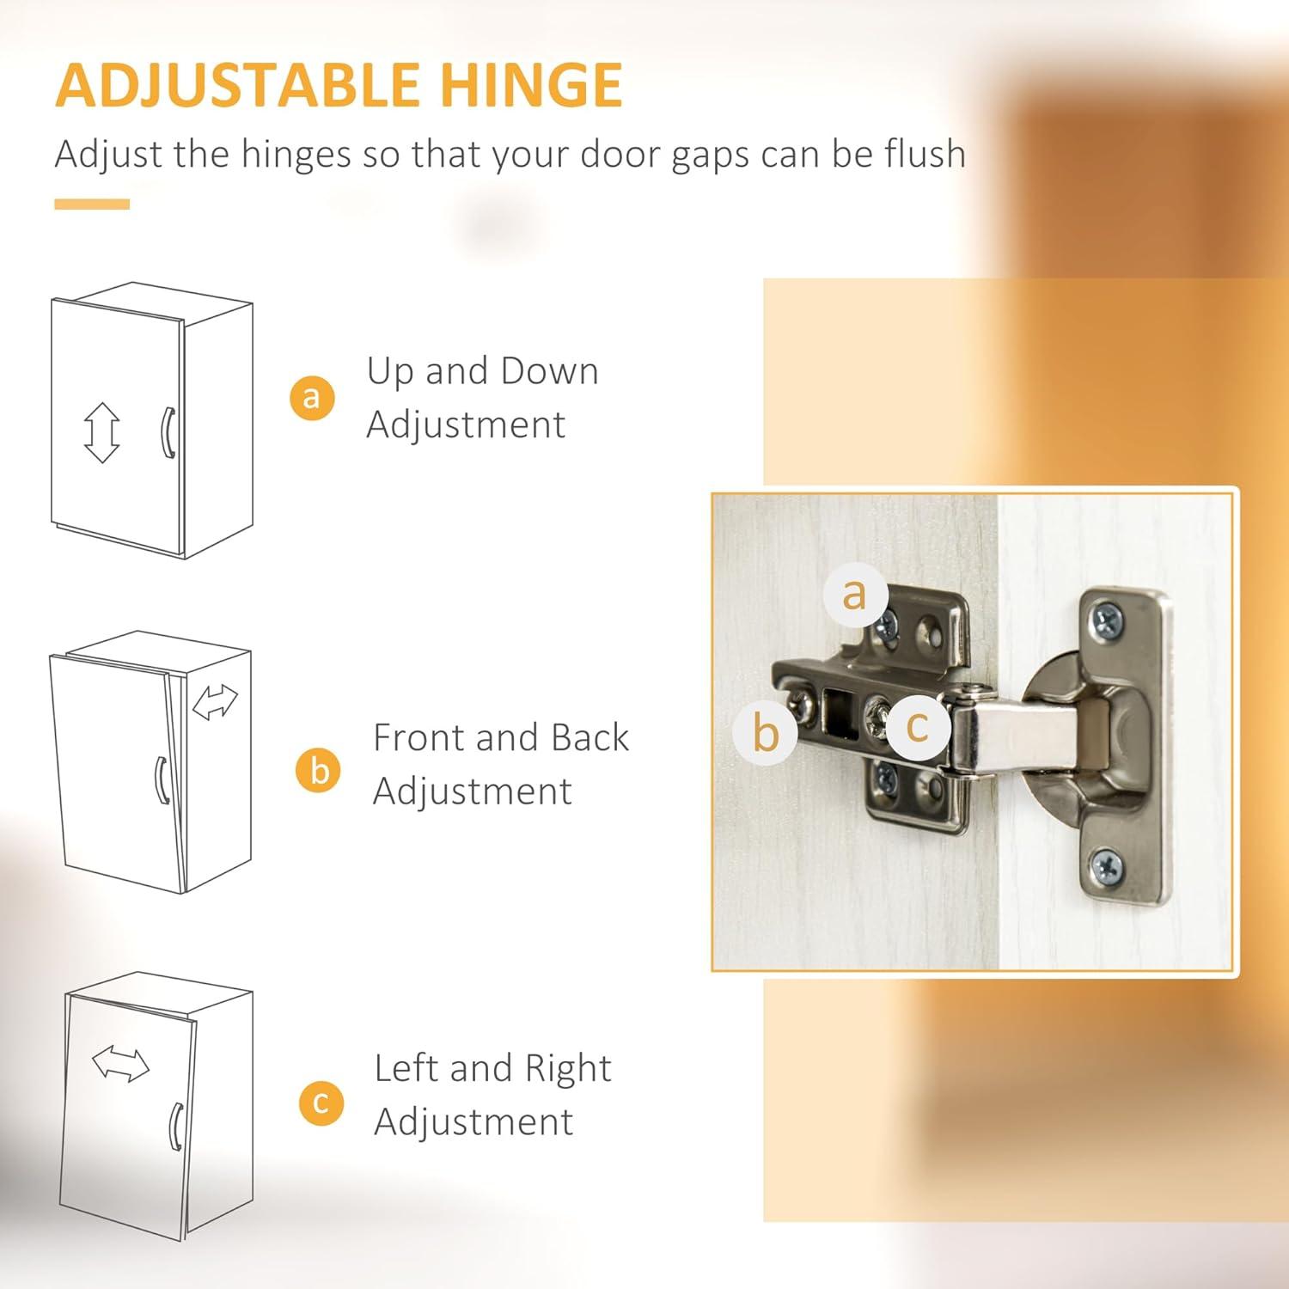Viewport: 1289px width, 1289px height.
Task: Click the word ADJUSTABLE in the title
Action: [x=237, y=85]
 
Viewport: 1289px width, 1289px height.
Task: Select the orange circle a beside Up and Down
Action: [x=311, y=397]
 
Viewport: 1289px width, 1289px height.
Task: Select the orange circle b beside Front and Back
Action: [x=319, y=770]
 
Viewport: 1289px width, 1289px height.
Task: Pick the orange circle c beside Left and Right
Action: [x=321, y=1103]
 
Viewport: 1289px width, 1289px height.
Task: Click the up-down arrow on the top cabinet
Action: [x=101, y=432]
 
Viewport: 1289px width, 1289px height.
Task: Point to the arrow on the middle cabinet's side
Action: [x=215, y=701]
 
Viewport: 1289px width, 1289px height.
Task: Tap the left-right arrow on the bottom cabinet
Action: [x=120, y=1063]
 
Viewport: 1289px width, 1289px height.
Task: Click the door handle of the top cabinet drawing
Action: [x=168, y=432]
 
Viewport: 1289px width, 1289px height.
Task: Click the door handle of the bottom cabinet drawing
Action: [x=176, y=1126]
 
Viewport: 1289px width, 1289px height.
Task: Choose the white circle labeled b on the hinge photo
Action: [x=765, y=732]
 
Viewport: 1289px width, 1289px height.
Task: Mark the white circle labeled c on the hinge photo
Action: [x=917, y=728]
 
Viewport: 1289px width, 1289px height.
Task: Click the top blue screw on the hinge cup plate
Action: [x=1107, y=621]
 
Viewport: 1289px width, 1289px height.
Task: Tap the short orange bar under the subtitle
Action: [x=92, y=205]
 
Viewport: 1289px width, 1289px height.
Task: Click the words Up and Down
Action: [x=483, y=371]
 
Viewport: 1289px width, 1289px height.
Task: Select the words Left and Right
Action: [x=493, y=1068]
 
